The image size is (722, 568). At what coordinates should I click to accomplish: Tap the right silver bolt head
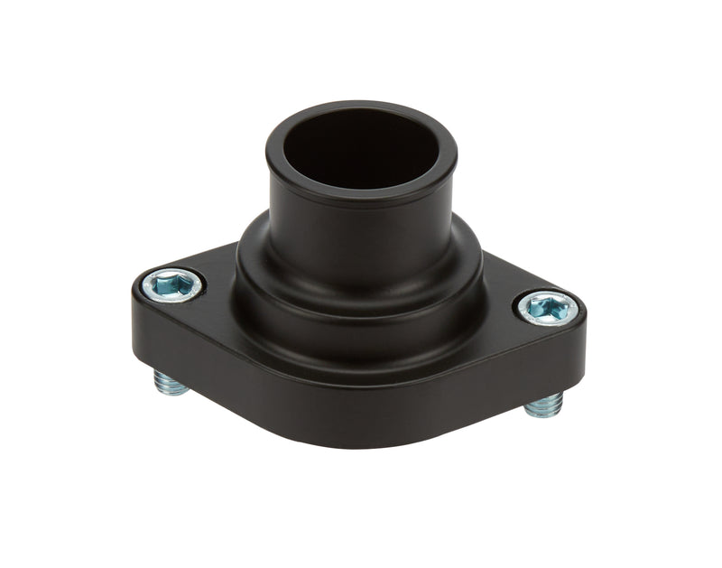point(548,308)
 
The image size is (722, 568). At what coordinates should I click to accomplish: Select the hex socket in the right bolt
point(548,309)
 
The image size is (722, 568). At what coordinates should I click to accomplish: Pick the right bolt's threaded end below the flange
point(544,405)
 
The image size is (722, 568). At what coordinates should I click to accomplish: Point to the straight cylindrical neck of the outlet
point(361,221)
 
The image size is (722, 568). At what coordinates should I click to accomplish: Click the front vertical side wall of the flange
point(361,397)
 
